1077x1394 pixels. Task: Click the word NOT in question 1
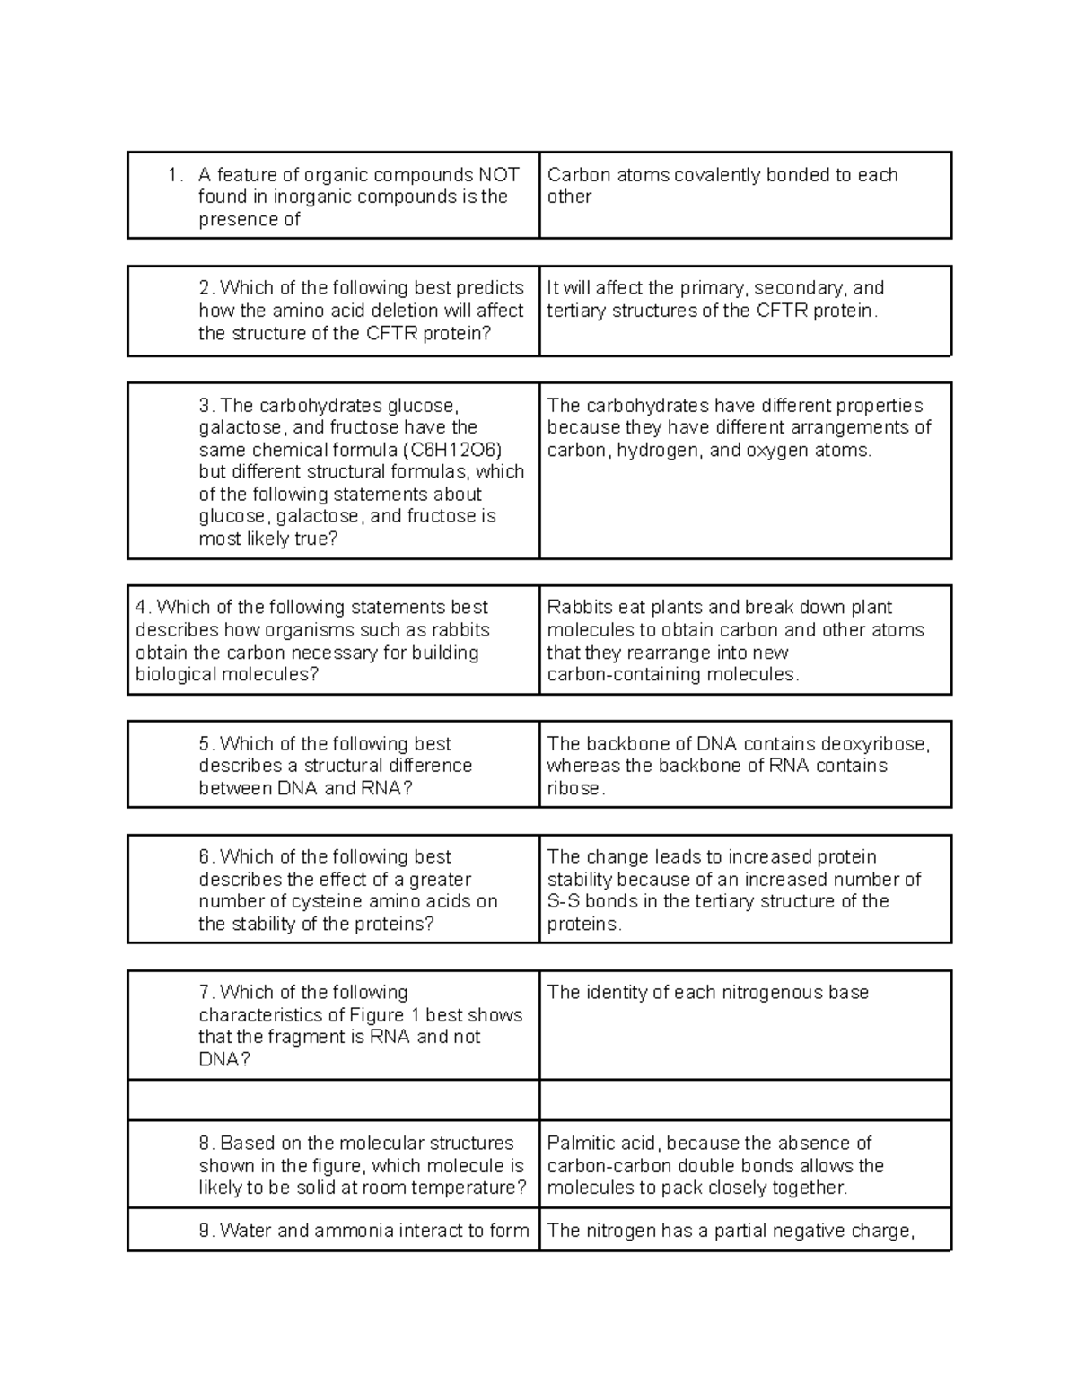pos(498,175)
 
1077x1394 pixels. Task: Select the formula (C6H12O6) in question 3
pos(451,450)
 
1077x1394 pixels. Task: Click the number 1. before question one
pos(175,175)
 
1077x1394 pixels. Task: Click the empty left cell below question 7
pos(333,1100)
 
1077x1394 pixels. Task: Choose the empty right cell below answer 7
pos(745,1100)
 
